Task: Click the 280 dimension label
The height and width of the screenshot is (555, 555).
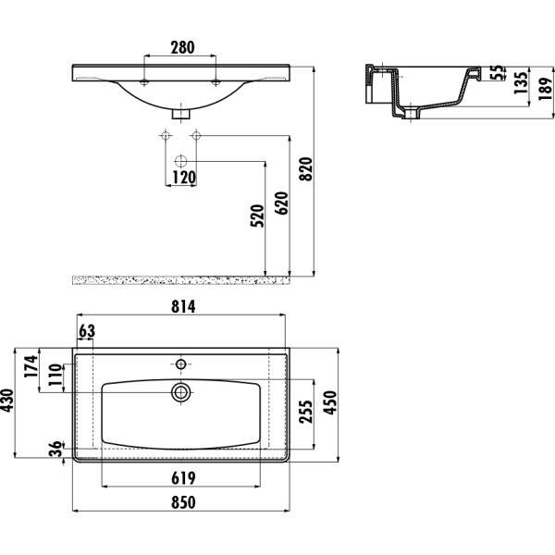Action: pyautogui.click(x=182, y=48)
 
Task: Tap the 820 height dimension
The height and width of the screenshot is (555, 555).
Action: pyautogui.click(x=306, y=169)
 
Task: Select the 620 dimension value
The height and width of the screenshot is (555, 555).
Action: pyautogui.click(x=282, y=203)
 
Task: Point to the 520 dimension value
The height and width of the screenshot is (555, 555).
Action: pyautogui.click(x=257, y=216)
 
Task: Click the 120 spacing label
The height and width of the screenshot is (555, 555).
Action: pyautogui.click(x=184, y=178)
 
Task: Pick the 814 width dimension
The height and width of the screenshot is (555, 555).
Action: pyautogui.click(x=183, y=307)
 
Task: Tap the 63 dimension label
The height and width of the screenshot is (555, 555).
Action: pyautogui.click(x=87, y=331)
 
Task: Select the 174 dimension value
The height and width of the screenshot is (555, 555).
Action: pyautogui.click(x=31, y=366)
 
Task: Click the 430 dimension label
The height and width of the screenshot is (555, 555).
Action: pyautogui.click(x=7, y=401)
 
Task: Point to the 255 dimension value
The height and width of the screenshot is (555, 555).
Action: pyautogui.click(x=306, y=412)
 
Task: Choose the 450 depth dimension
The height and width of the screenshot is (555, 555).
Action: pyautogui.click(x=330, y=402)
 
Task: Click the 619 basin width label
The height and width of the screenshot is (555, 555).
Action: pyautogui.click(x=183, y=478)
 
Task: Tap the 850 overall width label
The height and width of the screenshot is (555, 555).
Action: pyautogui.click(x=183, y=502)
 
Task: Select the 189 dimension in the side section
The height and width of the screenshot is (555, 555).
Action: pyautogui.click(x=546, y=89)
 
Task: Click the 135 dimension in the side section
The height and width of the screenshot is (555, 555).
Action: pyautogui.click(x=521, y=83)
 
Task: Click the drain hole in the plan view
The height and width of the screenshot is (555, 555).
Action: pyautogui.click(x=181, y=392)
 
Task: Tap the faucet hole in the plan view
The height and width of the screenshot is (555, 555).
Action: pyautogui.click(x=181, y=364)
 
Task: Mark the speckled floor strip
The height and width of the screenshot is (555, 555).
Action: pyautogui.click(x=181, y=280)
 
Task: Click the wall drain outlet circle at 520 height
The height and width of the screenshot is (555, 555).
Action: pyautogui.click(x=181, y=161)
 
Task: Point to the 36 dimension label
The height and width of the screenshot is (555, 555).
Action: pyautogui.click(x=56, y=449)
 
